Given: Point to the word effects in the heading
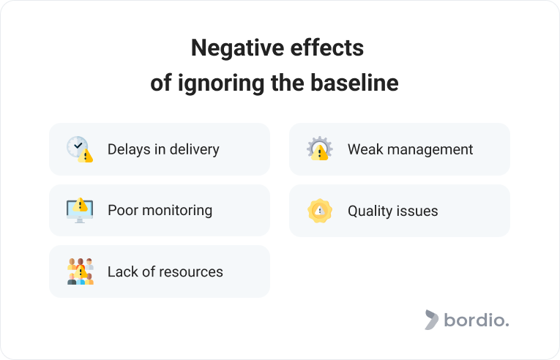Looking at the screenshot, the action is pyautogui.click(x=326, y=48).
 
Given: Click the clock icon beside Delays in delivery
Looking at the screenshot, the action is pyautogui.click(x=80, y=149).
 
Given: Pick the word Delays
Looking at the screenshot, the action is pyautogui.click(x=129, y=150).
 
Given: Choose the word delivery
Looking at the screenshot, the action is pyautogui.click(x=194, y=150).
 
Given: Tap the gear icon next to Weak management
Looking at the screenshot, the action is pyautogui.click(x=320, y=149).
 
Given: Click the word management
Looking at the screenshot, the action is pyautogui.click(x=430, y=150).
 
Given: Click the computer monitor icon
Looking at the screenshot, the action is pyautogui.click(x=80, y=210).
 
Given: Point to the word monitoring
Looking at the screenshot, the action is pyautogui.click(x=177, y=211).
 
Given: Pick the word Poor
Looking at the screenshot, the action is pyautogui.click(x=123, y=210).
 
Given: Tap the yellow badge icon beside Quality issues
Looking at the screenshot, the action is pyautogui.click(x=320, y=211).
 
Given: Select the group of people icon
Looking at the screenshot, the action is pyautogui.click(x=81, y=271).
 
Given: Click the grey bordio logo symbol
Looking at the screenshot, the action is pyautogui.click(x=431, y=320).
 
